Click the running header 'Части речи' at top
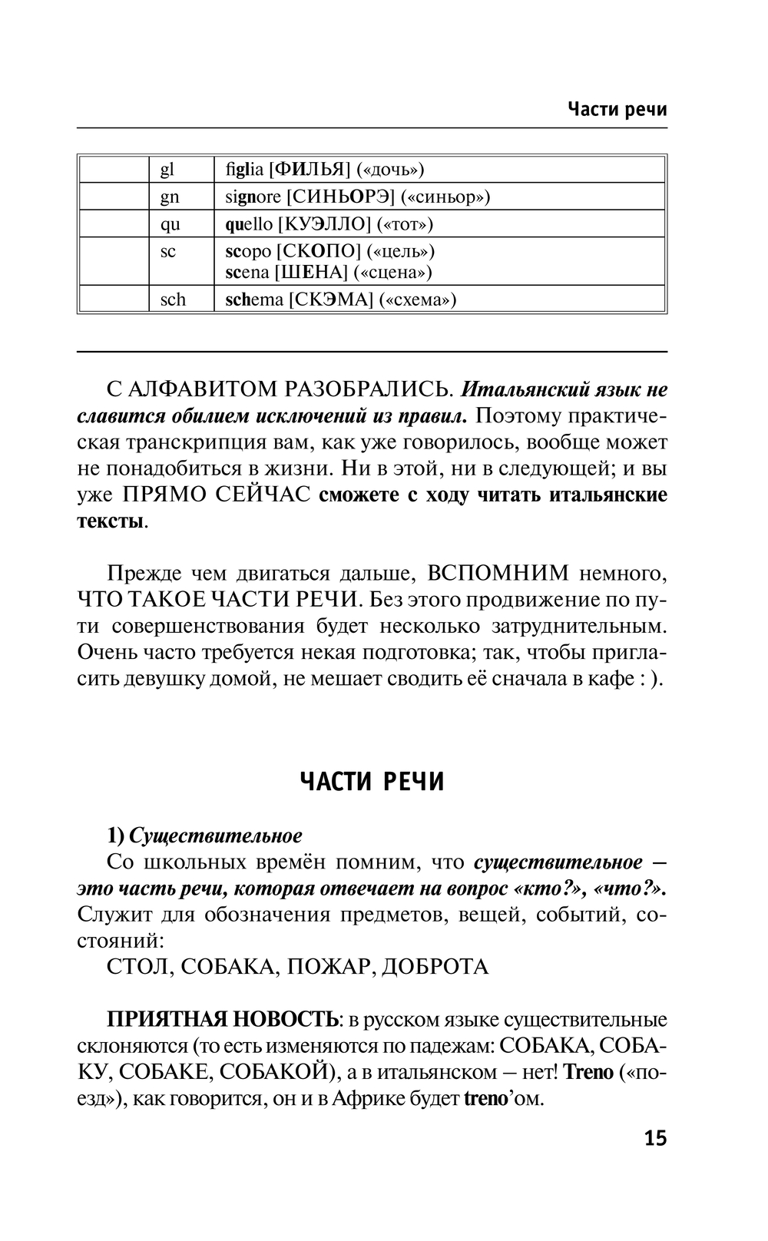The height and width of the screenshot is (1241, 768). (x=617, y=109)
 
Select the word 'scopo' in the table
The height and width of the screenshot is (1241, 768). (x=248, y=251)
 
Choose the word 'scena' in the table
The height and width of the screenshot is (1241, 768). (x=247, y=272)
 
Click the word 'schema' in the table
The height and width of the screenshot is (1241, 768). (x=254, y=299)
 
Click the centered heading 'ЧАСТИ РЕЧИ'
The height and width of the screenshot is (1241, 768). (x=372, y=782)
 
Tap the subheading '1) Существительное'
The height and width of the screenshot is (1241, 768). (x=204, y=835)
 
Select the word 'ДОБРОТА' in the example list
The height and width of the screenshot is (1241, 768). (x=435, y=965)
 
